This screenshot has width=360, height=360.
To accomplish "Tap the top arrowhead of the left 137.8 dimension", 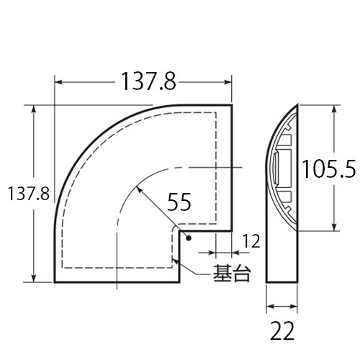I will coord(33,109).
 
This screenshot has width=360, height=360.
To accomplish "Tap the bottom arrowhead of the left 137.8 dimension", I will coord(33,279).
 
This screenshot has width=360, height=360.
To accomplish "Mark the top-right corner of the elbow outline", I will coord(232,106).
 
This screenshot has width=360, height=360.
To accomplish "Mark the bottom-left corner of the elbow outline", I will coord(55,282).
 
